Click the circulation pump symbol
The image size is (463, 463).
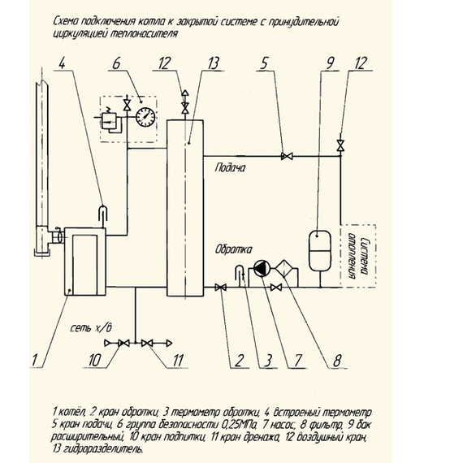tap(262, 268)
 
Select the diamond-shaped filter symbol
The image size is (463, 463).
tap(284, 268)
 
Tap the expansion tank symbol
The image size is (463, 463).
tap(320, 251)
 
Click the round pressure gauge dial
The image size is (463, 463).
tap(145, 117)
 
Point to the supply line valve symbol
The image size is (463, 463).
tap(287, 156)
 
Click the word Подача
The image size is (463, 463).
tap(230, 167)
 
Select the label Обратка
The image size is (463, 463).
tap(233, 249)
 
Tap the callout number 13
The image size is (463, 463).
tap(214, 63)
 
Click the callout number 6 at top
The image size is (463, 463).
tap(116, 63)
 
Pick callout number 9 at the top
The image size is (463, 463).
tap(329, 63)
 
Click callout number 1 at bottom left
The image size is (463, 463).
tap(35, 360)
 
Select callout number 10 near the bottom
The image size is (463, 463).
tap(95, 360)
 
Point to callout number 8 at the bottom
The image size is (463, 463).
tap(337, 360)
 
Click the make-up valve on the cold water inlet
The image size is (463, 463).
tap(123, 344)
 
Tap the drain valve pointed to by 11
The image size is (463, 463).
tap(147, 344)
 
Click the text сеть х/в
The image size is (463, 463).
tap(91, 328)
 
